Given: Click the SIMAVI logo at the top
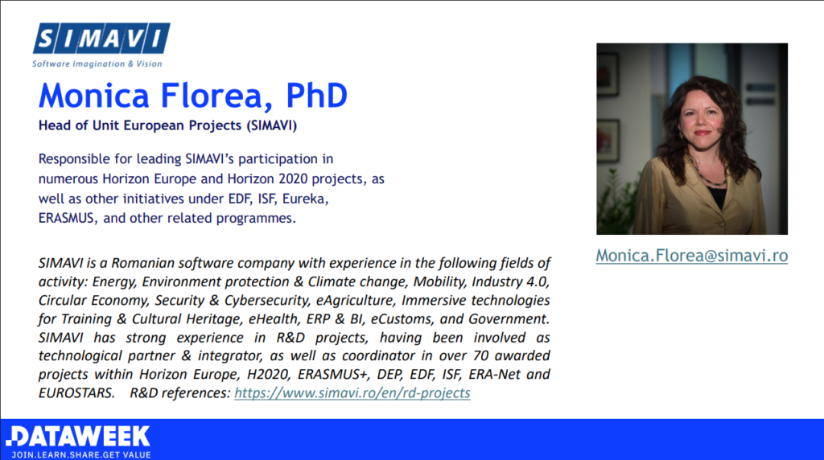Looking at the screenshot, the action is point(101,39).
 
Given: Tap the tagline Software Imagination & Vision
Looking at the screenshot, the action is point(97,64).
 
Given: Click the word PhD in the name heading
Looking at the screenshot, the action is point(317,96).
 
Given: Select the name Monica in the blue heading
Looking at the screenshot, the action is point(94,96).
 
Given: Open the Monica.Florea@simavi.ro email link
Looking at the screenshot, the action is point(691,256).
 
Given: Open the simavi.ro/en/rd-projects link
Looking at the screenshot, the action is point(352,392).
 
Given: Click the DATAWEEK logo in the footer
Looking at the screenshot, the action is point(79,437).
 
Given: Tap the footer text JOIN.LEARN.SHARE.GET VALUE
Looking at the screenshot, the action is point(81,454).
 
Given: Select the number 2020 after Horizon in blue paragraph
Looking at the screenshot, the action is point(293,179).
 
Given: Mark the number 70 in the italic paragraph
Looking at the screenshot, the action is point(481,355).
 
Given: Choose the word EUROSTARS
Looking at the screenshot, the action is point(76,392).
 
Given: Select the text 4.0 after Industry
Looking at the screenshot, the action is point(537,281).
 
